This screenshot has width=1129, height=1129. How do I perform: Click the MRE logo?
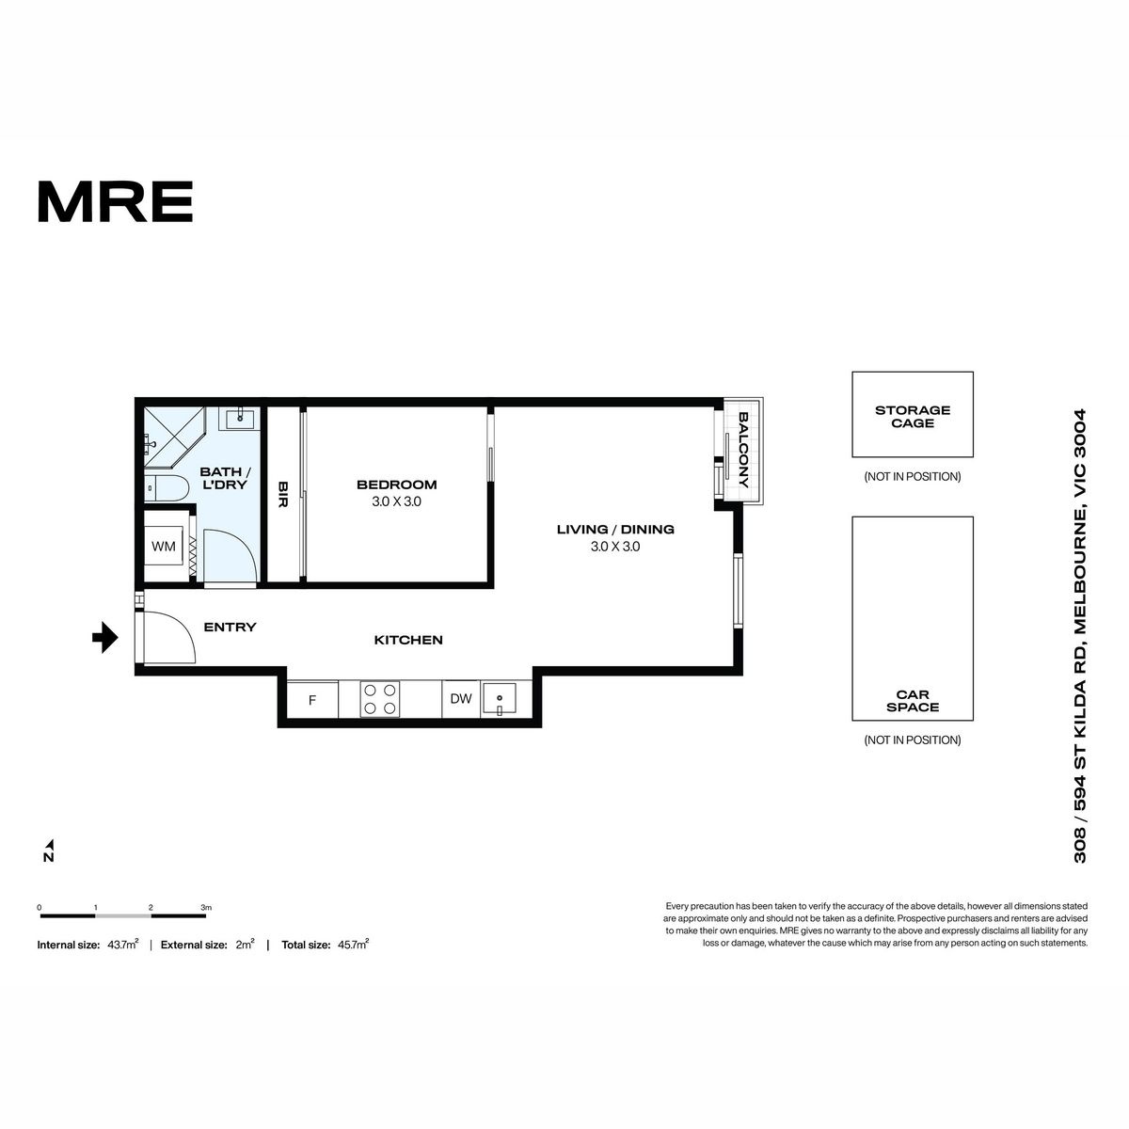(115, 201)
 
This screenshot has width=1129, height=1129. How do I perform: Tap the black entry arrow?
(105, 637)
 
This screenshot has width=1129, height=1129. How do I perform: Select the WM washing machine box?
(164, 546)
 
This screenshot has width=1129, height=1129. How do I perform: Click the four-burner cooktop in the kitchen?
(380, 699)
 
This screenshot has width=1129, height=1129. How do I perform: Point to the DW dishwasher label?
(461, 698)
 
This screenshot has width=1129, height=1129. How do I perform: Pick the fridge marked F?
(312, 700)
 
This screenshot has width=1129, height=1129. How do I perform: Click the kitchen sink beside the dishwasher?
(500, 699)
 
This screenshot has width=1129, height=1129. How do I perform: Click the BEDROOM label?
(397, 485)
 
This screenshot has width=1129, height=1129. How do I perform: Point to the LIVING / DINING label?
(615, 529)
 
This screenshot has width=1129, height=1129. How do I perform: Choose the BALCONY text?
(743, 450)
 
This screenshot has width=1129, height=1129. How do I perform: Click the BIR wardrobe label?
(283, 494)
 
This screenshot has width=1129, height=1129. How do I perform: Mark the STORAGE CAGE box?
(913, 414)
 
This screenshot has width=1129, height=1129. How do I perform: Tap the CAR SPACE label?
(913, 701)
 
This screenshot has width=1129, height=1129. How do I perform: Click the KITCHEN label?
(408, 640)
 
